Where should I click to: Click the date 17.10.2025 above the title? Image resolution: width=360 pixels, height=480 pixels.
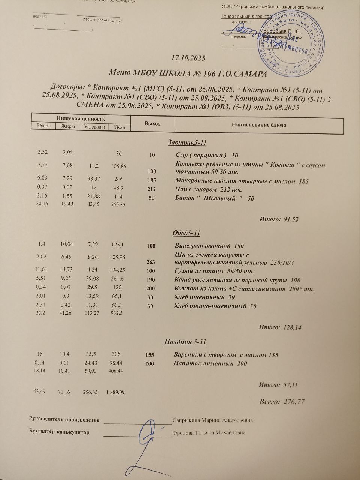point(188,58)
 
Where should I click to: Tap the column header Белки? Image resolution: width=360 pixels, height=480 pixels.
point(43,126)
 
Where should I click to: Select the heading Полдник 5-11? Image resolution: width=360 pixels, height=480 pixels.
point(185,342)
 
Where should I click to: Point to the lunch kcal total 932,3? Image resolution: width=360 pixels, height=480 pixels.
point(117,313)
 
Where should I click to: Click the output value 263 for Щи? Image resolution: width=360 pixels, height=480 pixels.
point(151,262)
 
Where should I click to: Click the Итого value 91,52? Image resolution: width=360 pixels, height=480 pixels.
point(291,219)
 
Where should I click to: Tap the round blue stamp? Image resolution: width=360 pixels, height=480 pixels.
point(291,42)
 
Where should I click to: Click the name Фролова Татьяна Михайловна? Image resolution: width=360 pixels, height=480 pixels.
point(209,432)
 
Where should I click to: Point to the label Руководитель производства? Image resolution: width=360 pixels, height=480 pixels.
point(64,420)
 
